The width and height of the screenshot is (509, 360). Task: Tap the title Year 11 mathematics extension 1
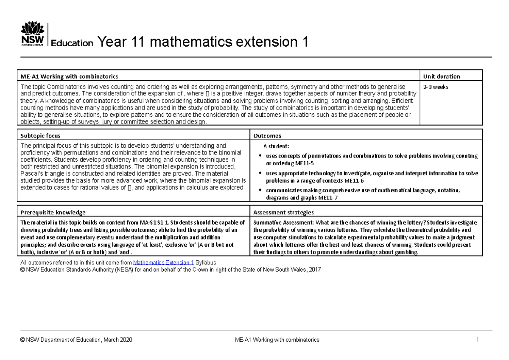tap(202, 42)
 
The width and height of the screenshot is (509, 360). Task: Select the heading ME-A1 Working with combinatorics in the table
tap(70, 76)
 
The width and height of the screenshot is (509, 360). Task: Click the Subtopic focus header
tap(40, 136)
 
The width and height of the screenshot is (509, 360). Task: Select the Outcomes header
tap(267, 136)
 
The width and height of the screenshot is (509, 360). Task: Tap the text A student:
tap(276, 146)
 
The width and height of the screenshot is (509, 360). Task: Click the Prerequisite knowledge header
tap(53, 212)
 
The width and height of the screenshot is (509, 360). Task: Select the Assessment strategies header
tap(283, 212)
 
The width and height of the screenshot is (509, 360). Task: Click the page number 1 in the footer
tap(477, 340)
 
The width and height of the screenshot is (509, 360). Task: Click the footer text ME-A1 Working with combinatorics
tap(277, 340)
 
